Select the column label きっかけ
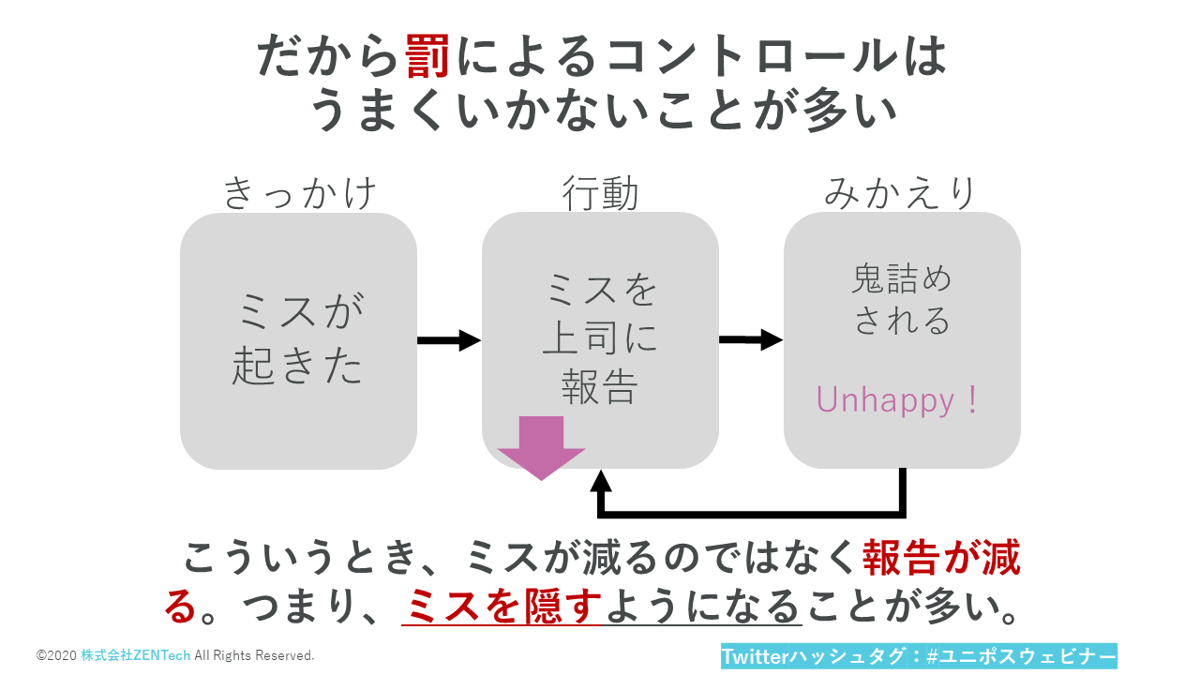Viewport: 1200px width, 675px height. (x=299, y=193)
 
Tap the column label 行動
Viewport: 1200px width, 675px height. (x=600, y=193)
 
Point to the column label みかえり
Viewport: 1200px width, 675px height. (x=901, y=193)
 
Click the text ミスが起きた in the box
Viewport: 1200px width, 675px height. (x=298, y=338)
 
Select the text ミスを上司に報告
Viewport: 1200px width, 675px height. (x=600, y=338)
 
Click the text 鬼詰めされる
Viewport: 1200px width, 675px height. (x=902, y=300)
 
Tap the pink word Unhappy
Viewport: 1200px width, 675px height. (x=885, y=400)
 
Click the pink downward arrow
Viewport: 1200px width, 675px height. (x=541, y=447)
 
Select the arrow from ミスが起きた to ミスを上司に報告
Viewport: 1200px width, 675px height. (x=448, y=340)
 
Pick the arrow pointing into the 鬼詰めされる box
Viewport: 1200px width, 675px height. (x=750, y=340)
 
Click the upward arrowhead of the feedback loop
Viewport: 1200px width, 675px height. (x=601, y=482)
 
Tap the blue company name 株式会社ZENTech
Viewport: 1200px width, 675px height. (x=135, y=655)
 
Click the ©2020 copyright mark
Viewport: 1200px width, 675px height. (x=56, y=655)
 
